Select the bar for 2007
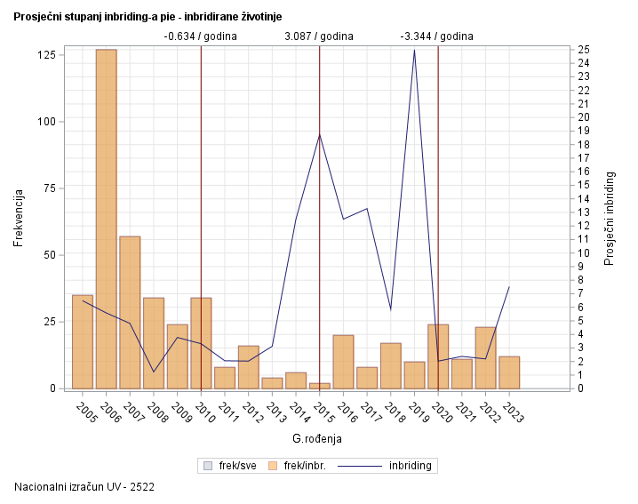click(x=130, y=312)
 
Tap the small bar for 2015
click(x=319, y=386)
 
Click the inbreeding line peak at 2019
click(x=414, y=50)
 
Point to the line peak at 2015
click(x=319, y=134)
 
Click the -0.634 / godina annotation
click(x=201, y=36)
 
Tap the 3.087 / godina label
click(x=319, y=36)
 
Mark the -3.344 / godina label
click(x=437, y=36)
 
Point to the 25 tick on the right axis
click(x=583, y=49)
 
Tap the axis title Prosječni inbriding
click(x=610, y=217)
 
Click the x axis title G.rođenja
click(x=317, y=438)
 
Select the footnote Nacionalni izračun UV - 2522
click(x=79, y=487)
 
